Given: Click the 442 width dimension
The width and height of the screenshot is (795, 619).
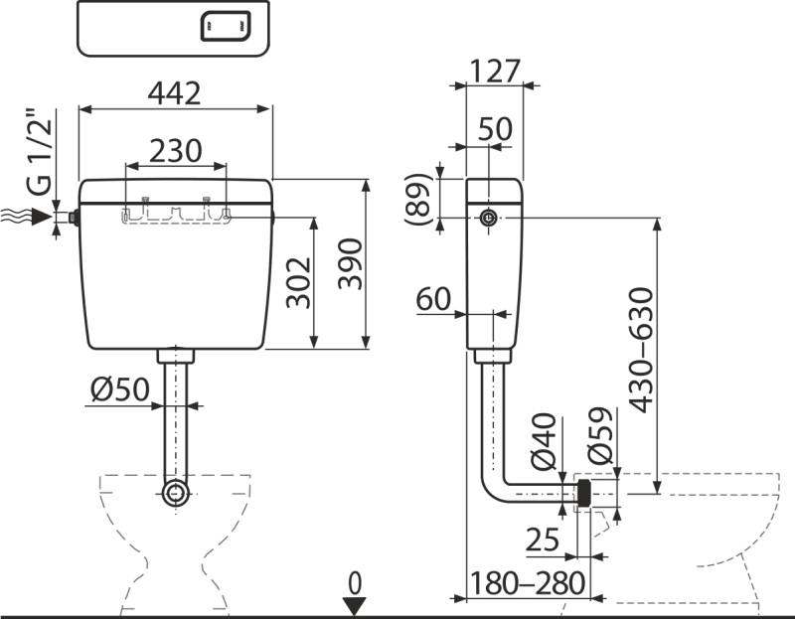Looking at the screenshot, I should tap(174, 92).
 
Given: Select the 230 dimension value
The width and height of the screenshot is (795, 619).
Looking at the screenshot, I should tap(175, 150).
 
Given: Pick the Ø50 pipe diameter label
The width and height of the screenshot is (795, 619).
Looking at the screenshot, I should tap(118, 391).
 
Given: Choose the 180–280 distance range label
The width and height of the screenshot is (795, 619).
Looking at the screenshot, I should tap(527, 583).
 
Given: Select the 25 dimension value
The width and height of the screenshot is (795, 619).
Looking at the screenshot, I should tap(543, 541).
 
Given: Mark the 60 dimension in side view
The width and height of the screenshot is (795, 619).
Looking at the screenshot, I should tap(434, 299).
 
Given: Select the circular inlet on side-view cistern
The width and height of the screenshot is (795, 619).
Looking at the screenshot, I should tap(487, 218).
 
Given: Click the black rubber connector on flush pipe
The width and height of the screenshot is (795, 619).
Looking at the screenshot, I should tap(584, 492).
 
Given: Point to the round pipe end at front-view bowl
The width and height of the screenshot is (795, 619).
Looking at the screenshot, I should tap(176, 494).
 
